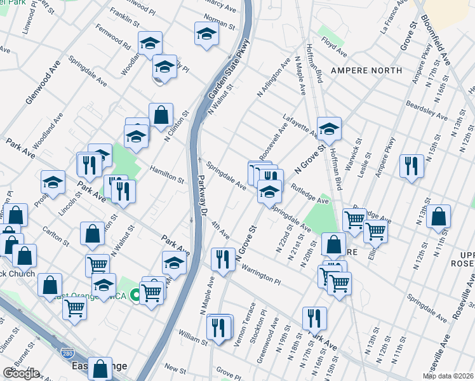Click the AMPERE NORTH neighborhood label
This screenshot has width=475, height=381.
363,70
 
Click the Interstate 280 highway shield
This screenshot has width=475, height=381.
67,352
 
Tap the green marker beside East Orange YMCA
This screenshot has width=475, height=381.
135,295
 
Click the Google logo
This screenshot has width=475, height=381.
22,373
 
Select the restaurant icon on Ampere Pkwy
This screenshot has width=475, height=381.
411,166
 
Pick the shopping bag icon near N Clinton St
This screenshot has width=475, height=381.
161,115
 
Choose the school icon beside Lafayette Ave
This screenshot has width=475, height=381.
329,129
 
